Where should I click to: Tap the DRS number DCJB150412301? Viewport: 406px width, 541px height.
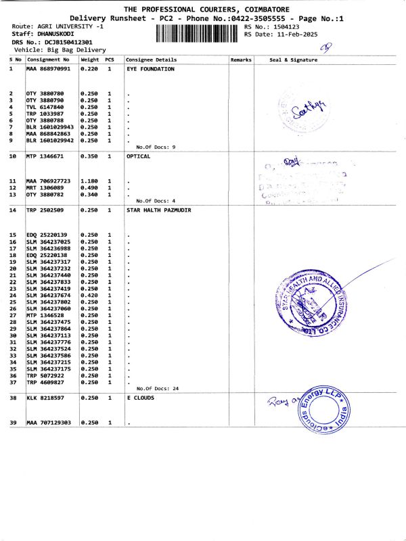(64, 42)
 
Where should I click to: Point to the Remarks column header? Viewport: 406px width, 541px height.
(241, 60)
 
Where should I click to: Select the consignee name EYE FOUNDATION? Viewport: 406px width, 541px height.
(150, 69)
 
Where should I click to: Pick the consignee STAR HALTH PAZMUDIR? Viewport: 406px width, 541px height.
(159, 210)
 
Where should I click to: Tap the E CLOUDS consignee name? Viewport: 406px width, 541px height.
(141, 398)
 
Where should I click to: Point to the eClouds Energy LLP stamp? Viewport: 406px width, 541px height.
(322, 413)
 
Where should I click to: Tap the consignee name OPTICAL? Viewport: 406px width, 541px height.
(139, 156)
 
